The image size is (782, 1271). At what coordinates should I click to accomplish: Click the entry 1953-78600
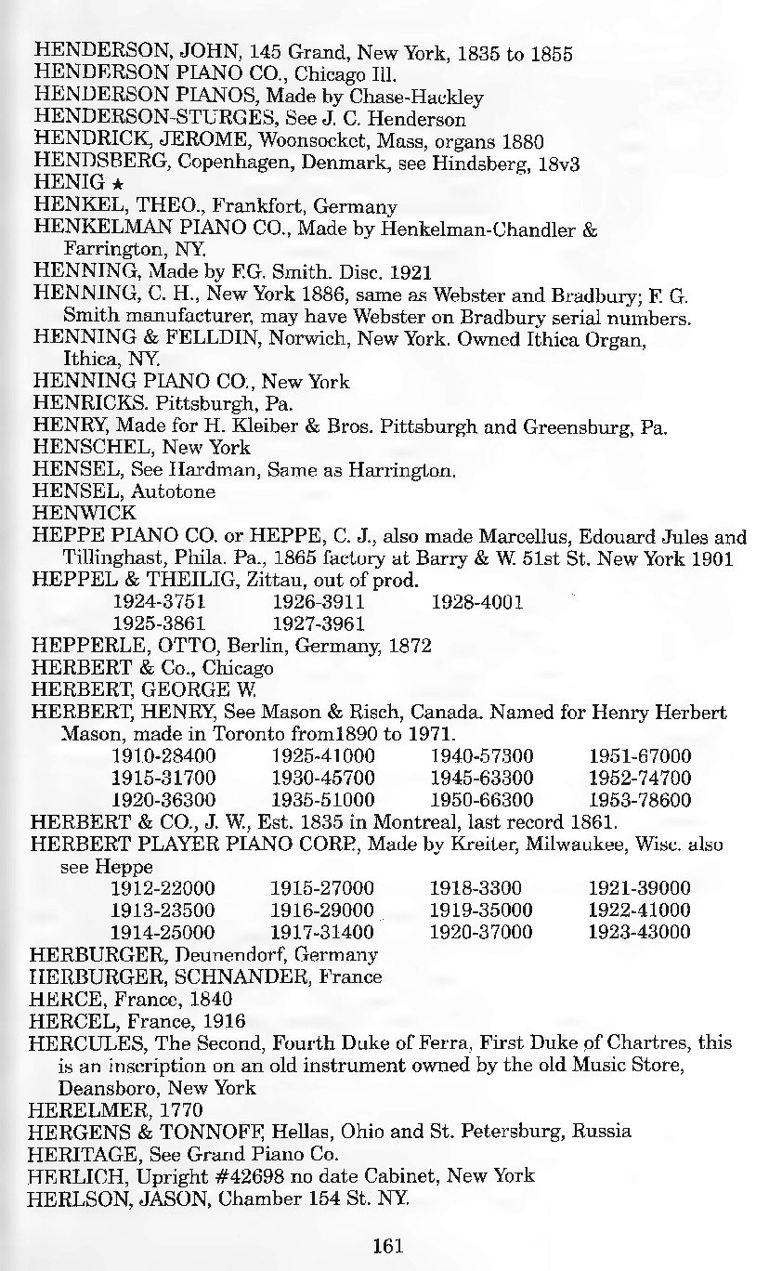(640, 799)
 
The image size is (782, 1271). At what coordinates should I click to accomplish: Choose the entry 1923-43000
(640, 931)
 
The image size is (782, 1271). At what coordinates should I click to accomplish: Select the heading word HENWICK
(71, 513)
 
